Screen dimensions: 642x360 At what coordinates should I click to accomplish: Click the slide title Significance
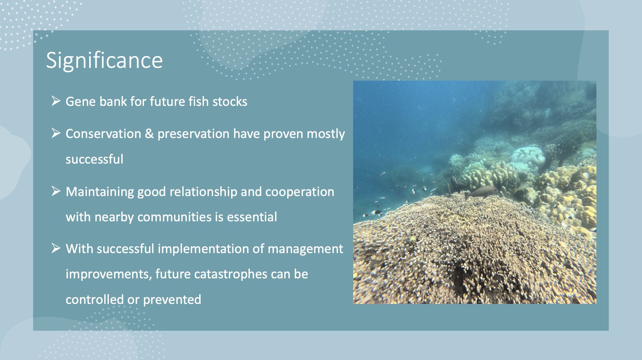[104, 61]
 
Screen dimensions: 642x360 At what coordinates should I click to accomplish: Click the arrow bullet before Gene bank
[56, 101]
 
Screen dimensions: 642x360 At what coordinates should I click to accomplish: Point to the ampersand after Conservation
[149, 134]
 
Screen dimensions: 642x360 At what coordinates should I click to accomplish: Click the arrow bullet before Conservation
[56, 133]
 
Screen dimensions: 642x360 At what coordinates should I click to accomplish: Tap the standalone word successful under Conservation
[94, 159]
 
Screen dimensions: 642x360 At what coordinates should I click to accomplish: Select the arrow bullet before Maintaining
[56, 191]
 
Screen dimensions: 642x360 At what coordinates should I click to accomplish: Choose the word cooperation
[300, 192]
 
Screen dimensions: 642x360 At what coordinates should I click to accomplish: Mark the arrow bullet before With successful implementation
[56, 248]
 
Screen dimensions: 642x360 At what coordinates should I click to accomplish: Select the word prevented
[172, 300]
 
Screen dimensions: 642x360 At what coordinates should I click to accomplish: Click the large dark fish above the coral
[481, 191]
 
